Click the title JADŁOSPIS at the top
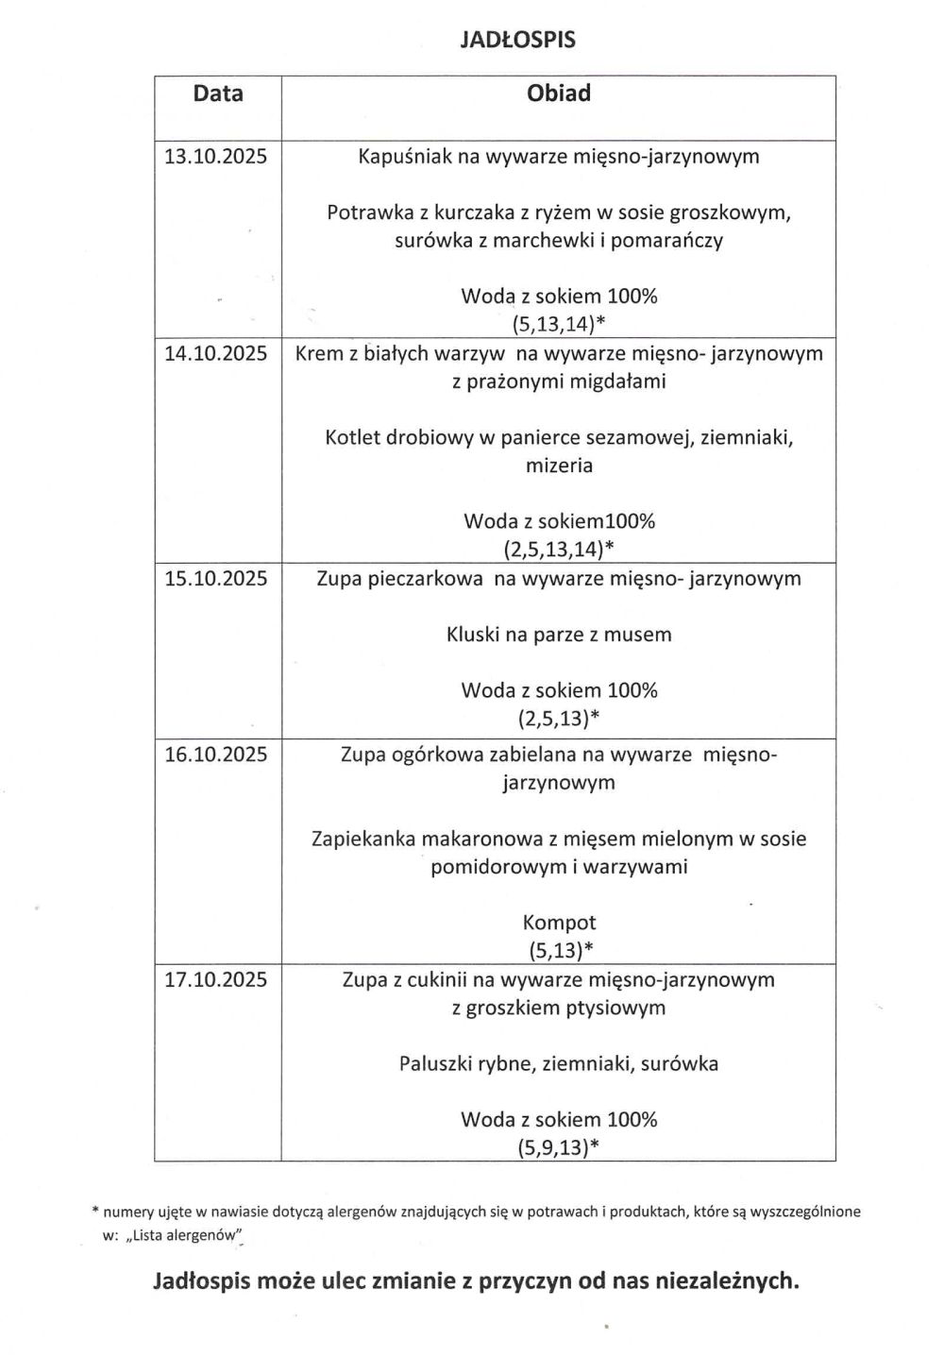pos(517,40)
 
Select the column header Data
pos(218,93)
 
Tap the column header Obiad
pos(559,93)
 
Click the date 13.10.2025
pos(216,156)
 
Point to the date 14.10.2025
pos(216,353)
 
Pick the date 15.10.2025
pos(216,578)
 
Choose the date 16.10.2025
pos(216,754)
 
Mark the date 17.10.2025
pos(216,979)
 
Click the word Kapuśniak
pos(405,156)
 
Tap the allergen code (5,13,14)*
pos(559,324)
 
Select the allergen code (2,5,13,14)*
pos(559,549)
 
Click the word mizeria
pos(559,465)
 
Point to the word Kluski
pos(472,635)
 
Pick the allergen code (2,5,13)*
pos(559,719)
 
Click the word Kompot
pos(559,923)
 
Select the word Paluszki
pos(437,1064)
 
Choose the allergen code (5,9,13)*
pos(559,1147)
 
